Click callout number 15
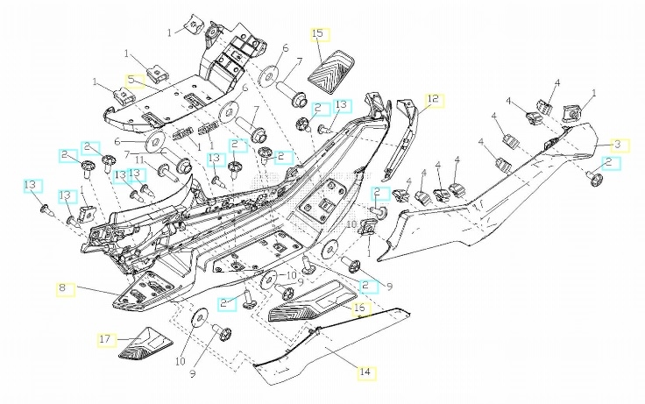tap(318, 33)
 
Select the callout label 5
tap(132, 80)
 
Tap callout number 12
tap(434, 98)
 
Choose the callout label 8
tap(64, 287)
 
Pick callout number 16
tap(359, 308)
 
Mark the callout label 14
tap(364, 372)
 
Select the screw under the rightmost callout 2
tap(595, 180)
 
